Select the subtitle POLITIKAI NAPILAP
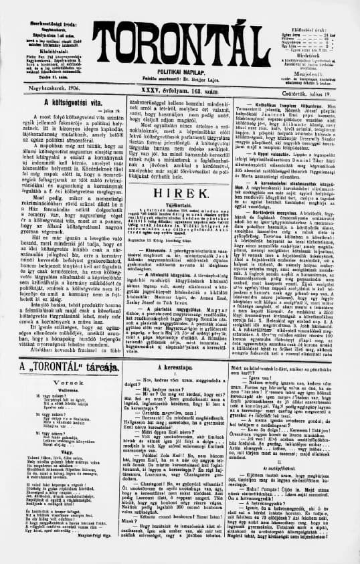pos(180,73)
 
